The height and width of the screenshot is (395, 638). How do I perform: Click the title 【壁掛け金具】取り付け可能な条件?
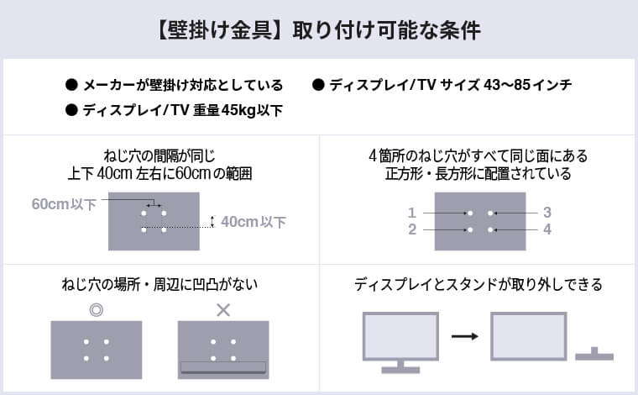(x=318, y=31)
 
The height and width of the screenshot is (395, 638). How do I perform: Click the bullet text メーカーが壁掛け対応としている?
(x=181, y=86)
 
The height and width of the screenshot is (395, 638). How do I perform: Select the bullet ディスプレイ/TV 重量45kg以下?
(x=181, y=110)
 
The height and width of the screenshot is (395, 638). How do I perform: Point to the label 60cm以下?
(x=65, y=204)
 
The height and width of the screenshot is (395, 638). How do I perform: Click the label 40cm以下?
(x=254, y=222)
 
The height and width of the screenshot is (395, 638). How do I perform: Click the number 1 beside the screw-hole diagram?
(x=412, y=213)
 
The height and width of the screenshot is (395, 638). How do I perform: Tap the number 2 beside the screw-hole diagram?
(x=412, y=229)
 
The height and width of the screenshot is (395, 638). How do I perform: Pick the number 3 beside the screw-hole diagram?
(x=546, y=213)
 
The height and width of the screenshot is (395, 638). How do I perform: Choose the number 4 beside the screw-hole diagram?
(x=546, y=229)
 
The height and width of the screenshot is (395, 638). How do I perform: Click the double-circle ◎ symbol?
(x=96, y=309)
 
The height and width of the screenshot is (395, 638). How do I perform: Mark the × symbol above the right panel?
(x=222, y=309)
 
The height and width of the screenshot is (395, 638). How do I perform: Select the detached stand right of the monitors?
(x=594, y=354)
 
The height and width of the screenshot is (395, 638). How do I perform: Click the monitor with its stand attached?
(x=400, y=340)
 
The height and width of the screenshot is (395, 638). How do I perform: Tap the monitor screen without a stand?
(x=526, y=336)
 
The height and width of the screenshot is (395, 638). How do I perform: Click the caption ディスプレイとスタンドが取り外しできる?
(x=478, y=285)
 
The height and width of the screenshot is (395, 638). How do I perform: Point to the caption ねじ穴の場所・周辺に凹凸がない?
(x=159, y=285)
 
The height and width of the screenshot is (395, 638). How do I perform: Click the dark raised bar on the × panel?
(x=222, y=367)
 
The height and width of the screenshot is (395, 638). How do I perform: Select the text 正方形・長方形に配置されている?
(x=478, y=175)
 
